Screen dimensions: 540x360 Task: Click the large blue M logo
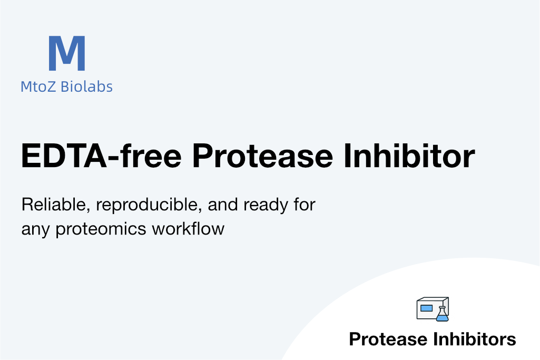click(x=67, y=53)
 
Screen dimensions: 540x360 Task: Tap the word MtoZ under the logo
click(x=38, y=86)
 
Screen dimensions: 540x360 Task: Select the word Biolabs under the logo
click(x=86, y=86)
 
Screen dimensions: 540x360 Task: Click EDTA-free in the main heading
click(x=101, y=155)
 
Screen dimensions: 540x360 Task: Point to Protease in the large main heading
click(x=262, y=156)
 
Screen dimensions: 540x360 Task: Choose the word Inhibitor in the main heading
click(x=409, y=155)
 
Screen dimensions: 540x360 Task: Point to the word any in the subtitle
click(x=35, y=231)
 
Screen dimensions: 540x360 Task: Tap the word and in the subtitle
click(x=223, y=205)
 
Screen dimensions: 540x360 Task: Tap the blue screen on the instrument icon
click(x=426, y=308)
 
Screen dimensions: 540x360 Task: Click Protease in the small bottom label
click(x=388, y=339)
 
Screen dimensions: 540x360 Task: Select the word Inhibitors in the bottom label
click(x=475, y=339)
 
